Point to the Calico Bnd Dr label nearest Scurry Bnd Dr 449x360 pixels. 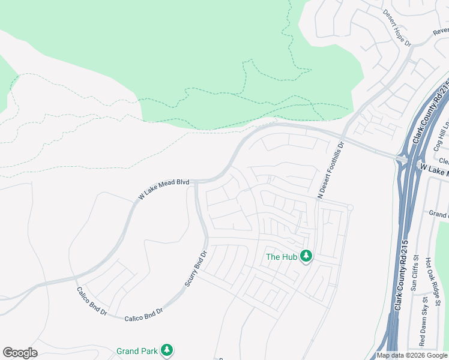(144, 313)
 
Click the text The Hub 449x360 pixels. (282, 257)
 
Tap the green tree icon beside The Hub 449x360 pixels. (306, 256)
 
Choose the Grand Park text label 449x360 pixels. (136, 351)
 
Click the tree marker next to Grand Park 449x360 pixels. (166, 350)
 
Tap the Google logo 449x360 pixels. (20, 353)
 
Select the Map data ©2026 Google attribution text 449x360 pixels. (412, 355)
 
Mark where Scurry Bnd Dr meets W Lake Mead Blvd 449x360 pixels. (196, 182)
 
